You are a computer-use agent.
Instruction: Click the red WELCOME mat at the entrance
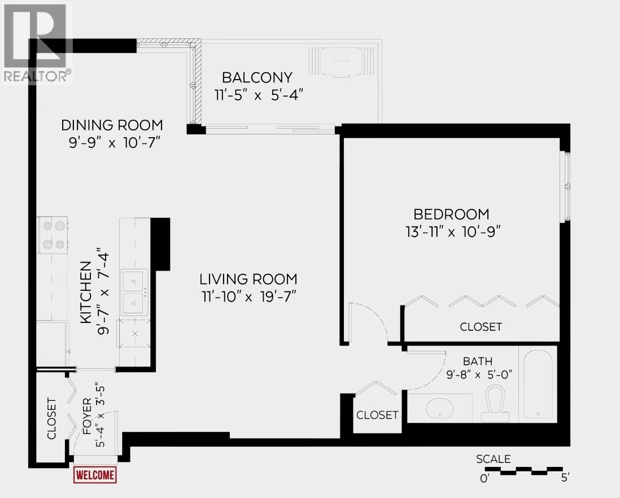[95, 475]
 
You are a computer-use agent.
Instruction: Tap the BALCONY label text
[257, 77]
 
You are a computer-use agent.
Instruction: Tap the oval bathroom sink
[442, 408]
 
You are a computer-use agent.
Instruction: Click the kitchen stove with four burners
[53, 235]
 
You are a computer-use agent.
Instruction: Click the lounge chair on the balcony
[341, 60]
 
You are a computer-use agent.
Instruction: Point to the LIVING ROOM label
[248, 279]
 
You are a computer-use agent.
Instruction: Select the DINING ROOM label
[112, 125]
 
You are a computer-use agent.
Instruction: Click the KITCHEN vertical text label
[85, 292]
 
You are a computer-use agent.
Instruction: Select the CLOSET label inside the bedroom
[481, 327]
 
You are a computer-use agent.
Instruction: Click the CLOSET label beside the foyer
[51, 418]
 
